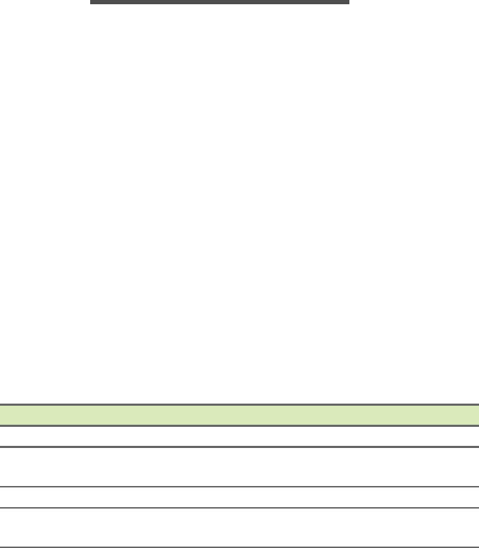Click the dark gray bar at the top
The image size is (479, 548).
[220, 2]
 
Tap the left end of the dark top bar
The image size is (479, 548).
[92, 2]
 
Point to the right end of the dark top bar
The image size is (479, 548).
[347, 2]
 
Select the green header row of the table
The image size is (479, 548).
[240, 415]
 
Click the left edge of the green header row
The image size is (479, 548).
[2, 415]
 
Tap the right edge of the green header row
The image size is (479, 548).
[476, 415]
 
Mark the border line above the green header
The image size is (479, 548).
[240, 404]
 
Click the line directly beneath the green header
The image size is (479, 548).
[240, 425]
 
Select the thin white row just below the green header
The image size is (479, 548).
[240, 436]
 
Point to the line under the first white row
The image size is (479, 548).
[240, 447]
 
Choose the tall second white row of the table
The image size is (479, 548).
[240, 466]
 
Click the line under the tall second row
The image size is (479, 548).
[240, 487]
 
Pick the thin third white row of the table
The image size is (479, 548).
[240, 497]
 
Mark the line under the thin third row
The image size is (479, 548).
[240, 508]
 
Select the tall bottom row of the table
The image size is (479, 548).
[240, 528]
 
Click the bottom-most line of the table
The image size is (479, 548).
[240, 547]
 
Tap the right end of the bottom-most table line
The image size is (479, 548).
[476, 547]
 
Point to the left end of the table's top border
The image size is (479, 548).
[2, 404]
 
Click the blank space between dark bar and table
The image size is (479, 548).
[240, 204]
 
